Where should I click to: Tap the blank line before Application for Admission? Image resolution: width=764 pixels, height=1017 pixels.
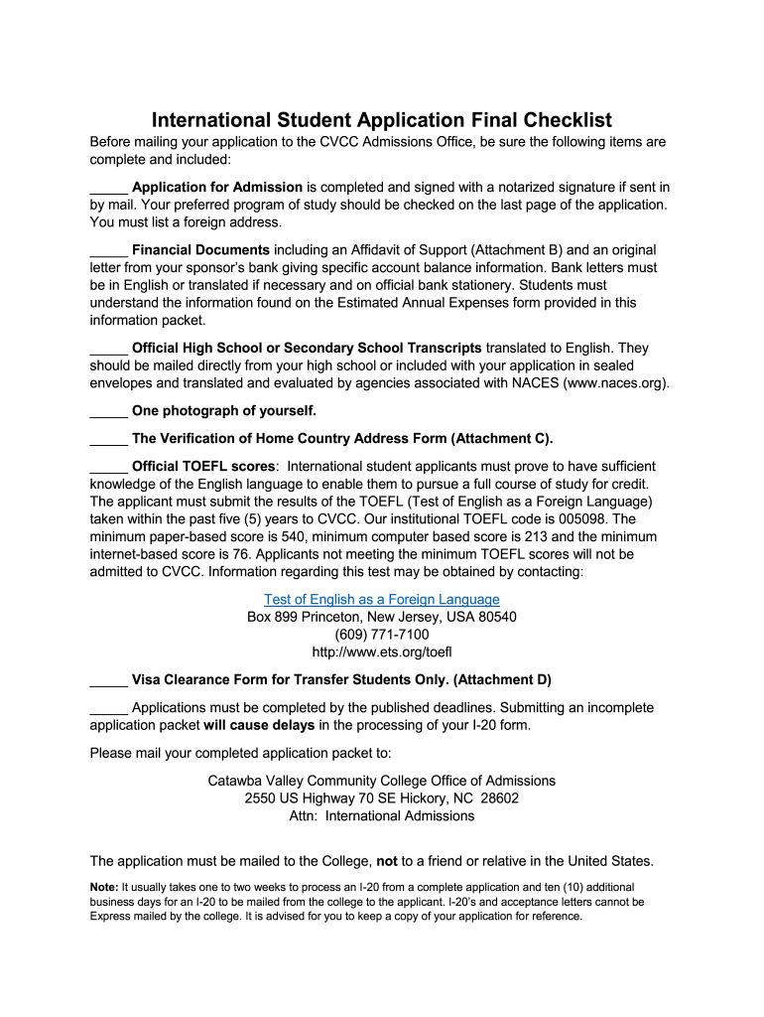108,188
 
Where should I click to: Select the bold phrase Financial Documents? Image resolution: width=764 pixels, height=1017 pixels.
200,249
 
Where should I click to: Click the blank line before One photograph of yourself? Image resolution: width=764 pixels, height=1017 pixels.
108,411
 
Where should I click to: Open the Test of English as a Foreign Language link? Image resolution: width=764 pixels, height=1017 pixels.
382,600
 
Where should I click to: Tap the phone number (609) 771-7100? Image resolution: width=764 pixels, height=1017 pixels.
382,635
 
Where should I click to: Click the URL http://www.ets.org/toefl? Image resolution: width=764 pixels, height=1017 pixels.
382,653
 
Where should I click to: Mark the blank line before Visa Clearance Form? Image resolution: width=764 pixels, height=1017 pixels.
108,680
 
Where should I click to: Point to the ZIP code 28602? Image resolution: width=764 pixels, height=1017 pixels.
500,799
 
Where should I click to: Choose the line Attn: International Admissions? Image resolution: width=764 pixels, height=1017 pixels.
382,816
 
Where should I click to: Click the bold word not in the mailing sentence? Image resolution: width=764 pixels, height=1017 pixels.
387,861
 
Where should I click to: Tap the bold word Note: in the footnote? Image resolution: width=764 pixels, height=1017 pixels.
104,886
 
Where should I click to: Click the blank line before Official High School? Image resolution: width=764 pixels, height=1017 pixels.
108,348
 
